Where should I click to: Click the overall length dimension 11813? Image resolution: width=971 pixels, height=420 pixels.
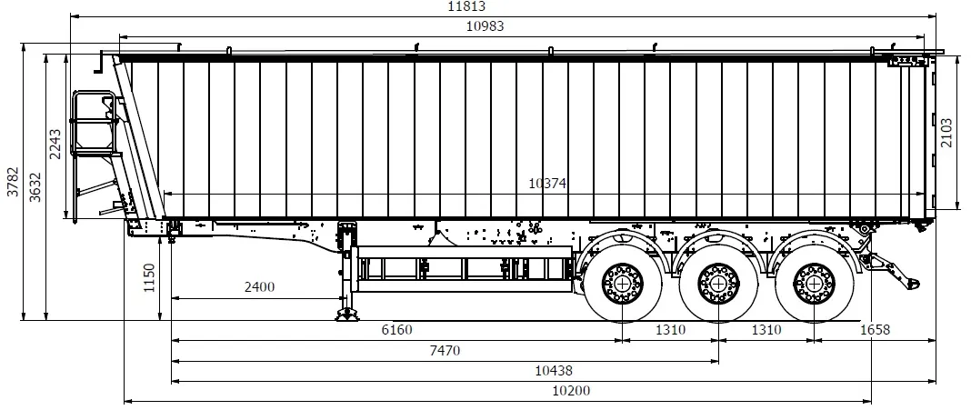[466, 6]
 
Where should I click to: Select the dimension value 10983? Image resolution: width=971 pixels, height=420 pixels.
[485, 26]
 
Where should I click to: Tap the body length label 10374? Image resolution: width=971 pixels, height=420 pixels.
[547, 184]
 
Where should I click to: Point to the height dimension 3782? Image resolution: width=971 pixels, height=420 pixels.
[13, 182]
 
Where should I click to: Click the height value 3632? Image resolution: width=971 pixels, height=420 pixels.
[35, 186]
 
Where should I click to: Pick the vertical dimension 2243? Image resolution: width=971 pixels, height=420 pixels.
[55, 145]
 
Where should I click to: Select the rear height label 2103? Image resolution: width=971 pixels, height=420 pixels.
[946, 133]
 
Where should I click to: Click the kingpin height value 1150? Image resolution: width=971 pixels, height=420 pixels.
[149, 278]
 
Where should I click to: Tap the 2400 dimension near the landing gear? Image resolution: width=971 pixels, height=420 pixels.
[259, 286]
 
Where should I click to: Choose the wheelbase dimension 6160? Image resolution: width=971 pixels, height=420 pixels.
[396, 330]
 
